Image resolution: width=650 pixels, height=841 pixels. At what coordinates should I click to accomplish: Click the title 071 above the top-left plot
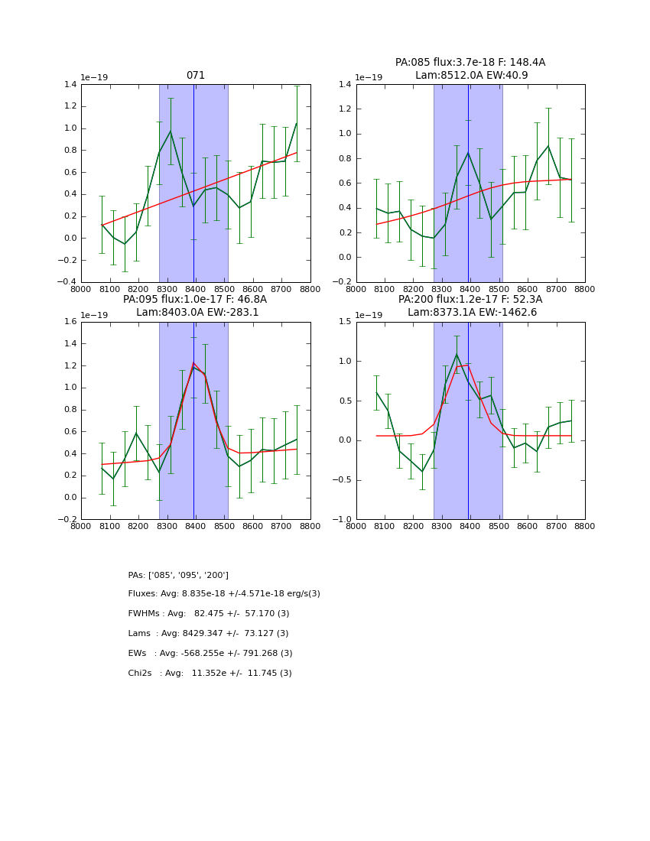pos(196,76)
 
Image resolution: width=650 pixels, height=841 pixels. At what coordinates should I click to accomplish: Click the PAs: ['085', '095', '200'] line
pos(178,575)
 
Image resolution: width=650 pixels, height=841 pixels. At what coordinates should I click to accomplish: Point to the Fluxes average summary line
pos(224,594)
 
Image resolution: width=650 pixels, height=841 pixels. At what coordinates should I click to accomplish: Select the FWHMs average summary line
pos(209,614)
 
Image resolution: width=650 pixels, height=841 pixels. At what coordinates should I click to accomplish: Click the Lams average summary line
pos(208,634)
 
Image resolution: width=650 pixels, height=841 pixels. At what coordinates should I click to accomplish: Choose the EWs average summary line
pos(210,654)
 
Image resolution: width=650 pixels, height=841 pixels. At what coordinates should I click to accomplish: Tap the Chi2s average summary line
pos(210,674)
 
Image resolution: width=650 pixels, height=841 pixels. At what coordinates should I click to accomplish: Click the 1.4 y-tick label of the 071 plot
pos(69,85)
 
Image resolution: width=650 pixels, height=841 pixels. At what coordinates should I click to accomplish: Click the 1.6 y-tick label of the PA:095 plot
pos(69,322)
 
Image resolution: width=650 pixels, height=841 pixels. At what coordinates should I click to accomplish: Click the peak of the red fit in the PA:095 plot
pos(193,362)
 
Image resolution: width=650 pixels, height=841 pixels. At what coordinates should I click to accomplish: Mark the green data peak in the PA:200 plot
pos(457,354)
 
